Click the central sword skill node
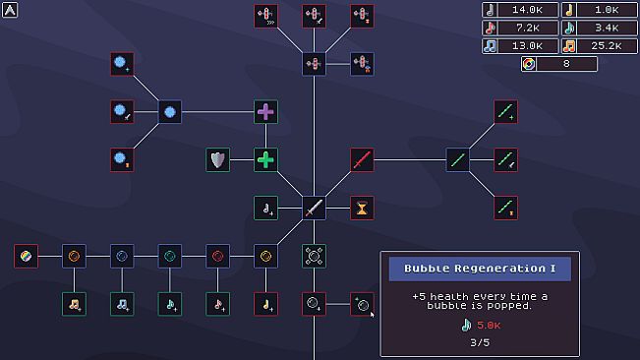click(x=314, y=209)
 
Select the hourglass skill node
click(x=362, y=209)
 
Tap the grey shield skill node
click(x=217, y=160)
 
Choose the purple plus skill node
click(x=265, y=112)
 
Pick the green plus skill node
click(x=265, y=160)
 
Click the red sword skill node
click(x=362, y=160)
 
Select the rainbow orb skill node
click(x=26, y=257)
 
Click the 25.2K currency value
click(x=607, y=46)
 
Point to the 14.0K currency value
click(x=527, y=10)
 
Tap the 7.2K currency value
click(x=527, y=28)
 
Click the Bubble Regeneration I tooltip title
click(x=480, y=269)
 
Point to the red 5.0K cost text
click(x=489, y=326)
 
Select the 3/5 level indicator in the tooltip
click(x=480, y=343)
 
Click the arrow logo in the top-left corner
click(x=10, y=10)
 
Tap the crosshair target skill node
click(x=314, y=257)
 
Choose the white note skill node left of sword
click(x=265, y=209)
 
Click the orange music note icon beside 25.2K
click(x=569, y=46)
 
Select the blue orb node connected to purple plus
click(x=170, y=112)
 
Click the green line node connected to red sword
click(x=457, y=160)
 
